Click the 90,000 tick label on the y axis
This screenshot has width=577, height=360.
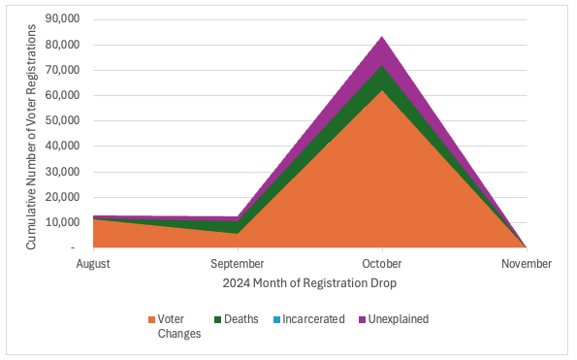(x=62, y=18)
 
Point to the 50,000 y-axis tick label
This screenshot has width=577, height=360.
(x=62, y=120)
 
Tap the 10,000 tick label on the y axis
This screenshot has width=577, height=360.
(x=62, y=222)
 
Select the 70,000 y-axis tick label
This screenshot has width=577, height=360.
(x=62, y=70)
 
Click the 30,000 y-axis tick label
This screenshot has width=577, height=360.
(x=62, y=172)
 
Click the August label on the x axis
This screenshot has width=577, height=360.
(x=93, y=264)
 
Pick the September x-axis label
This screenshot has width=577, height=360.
(x=238, y=264)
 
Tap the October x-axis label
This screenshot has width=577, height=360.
(x=382, y=264)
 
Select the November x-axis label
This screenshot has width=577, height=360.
(x=527, y=264)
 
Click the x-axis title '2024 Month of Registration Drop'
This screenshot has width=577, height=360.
(x=309, y=283)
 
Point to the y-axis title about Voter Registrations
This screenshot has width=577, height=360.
(x=31, y=137)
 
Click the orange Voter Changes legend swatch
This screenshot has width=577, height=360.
(x=151, y=319)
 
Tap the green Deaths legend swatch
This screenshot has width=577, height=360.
(x=218, y=319)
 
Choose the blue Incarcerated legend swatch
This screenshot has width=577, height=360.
(x=276, y=319)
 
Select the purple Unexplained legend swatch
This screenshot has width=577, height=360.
(x=363, y=319)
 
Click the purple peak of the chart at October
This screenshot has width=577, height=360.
(x=382, y=36)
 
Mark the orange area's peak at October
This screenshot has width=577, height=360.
(x=382, y=90)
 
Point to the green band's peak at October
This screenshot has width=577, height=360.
(x=382, y=65)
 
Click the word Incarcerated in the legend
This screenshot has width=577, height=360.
(x=313, y=319)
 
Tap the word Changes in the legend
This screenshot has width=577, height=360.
(x=179, y=334)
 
